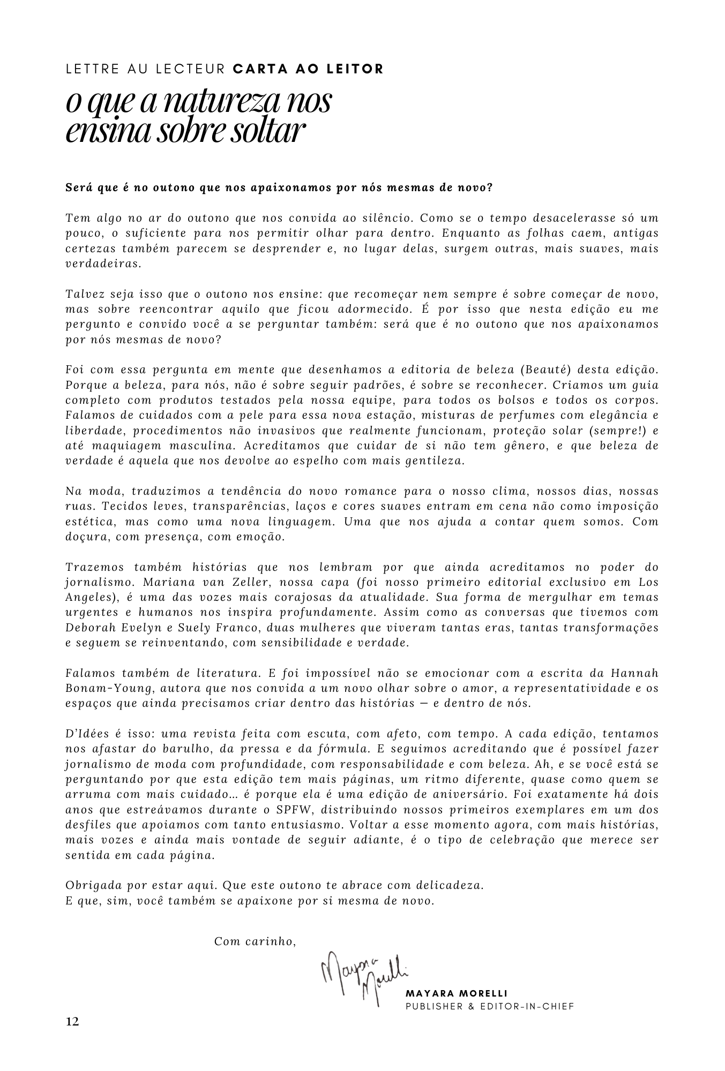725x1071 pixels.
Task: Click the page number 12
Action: click(72, 1022)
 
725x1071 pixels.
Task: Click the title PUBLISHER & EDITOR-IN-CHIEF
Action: click(490, 1007)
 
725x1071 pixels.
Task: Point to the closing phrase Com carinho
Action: click(255, 941)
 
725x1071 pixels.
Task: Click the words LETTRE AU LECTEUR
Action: click(146, 69)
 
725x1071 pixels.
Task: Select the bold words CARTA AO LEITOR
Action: click(309, 69)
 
